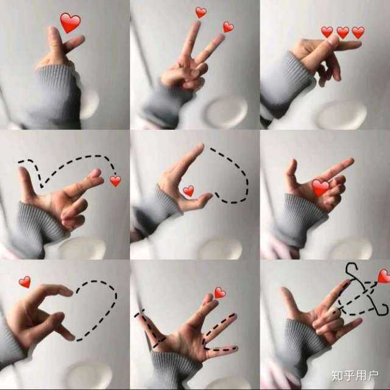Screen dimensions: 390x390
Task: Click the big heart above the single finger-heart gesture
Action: [71, 23]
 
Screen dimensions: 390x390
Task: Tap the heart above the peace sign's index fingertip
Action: [200, 12]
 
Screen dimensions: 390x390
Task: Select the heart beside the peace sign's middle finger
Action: [228, 27]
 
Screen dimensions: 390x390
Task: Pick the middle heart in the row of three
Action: [342, 32]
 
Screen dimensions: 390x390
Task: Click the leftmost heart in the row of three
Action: [327, 32]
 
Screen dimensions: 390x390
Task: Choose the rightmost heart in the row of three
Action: [358, 32]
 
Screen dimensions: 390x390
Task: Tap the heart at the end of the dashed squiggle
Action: [115, 181]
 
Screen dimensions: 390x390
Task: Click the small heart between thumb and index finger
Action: [188, 191]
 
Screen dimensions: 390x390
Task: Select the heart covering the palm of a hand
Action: [321, 188]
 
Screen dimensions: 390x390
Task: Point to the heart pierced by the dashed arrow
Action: [385, 276]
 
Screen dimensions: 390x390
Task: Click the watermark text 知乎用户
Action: [355, 375]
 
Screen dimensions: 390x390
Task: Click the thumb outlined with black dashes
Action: [149, 330]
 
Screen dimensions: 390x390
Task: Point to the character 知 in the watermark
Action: [337, 375]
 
